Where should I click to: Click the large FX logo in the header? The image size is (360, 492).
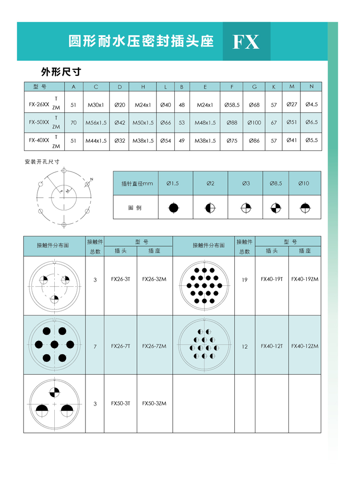[x=246, y=42]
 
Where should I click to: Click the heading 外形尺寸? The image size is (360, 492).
[x=61, y=72]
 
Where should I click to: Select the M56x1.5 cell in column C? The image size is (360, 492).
[x=96, y=123]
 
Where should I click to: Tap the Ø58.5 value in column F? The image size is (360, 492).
[x=232, y=104]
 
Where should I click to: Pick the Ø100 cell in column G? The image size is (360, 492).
[x=254, y=123]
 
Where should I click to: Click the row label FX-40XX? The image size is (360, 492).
[x=39, y=140]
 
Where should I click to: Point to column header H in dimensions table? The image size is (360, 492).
[x=143, y=87]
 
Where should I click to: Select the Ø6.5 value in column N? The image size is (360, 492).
[x=312, y=122]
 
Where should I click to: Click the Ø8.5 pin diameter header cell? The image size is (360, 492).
[x=276, y=184]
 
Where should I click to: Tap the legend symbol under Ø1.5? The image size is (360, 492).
[x=173, y=208]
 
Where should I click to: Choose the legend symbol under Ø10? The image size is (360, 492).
[x=304, y=208]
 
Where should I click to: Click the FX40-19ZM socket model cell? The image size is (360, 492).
[x=305, y=279]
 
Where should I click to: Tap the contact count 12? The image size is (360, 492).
[x=245, y=346]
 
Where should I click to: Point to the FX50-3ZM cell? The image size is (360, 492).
[x=154, y=404]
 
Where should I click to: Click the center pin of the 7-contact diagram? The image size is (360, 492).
[x=54, y=344]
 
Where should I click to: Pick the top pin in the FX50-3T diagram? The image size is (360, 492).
[x=55, y=392]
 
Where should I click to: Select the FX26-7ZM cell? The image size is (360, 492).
[x=154, y=346]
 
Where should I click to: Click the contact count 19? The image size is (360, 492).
[x=245, y=280]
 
